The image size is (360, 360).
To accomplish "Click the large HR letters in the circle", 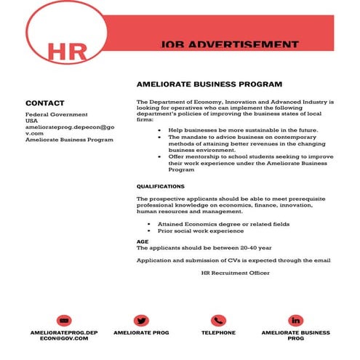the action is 66,51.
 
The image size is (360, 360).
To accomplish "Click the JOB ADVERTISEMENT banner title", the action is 229,45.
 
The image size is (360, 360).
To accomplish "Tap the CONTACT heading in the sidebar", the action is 45,103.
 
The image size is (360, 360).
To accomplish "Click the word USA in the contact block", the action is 33,121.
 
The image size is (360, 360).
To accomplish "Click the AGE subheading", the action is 143,241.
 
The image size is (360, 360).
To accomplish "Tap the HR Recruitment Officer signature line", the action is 235,273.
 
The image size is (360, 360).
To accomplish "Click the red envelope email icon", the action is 64,321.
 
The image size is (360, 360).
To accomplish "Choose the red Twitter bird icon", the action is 141,321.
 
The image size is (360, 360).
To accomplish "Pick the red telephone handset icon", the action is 218,321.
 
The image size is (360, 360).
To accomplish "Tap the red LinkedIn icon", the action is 295,321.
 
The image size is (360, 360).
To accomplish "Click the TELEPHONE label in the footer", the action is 218,333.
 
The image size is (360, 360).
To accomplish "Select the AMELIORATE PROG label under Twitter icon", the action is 141,333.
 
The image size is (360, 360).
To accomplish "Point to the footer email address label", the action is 64,336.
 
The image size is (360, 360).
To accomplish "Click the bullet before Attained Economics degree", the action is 149,225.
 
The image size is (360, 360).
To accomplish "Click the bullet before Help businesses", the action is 160,129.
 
